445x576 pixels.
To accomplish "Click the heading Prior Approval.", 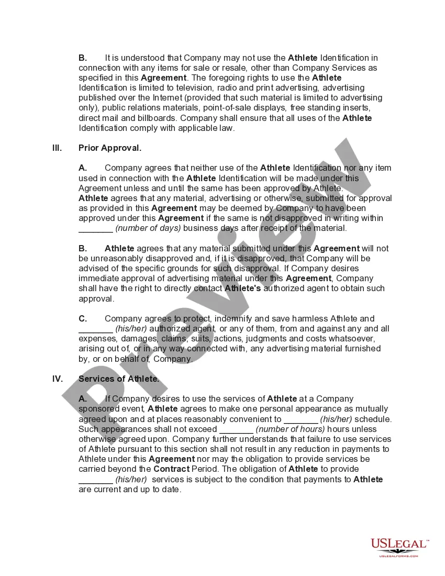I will (110, 148).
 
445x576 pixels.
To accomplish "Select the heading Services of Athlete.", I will (119, 379).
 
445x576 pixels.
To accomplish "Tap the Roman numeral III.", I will (57, 148).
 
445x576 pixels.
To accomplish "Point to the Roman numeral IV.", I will (58, 379).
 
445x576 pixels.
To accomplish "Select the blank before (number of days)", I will (96, 228).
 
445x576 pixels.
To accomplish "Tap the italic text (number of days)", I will (148, 228).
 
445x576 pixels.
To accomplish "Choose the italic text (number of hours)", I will (291, 429).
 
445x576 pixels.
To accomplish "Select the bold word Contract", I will (171, 469).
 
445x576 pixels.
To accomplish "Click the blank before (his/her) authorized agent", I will (96, 329).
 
